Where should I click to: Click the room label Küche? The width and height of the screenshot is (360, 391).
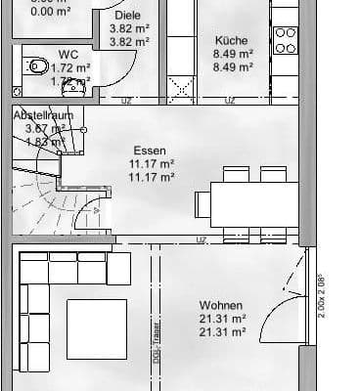[232, 41]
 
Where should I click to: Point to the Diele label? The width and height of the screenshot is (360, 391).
[127, 17]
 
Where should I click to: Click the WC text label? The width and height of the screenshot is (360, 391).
[68, 54]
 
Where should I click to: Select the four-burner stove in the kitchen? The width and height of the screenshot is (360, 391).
[285, 40]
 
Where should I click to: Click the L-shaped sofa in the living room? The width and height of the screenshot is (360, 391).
[44, 293]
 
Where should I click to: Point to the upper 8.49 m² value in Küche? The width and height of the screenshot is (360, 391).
[233, 55]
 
